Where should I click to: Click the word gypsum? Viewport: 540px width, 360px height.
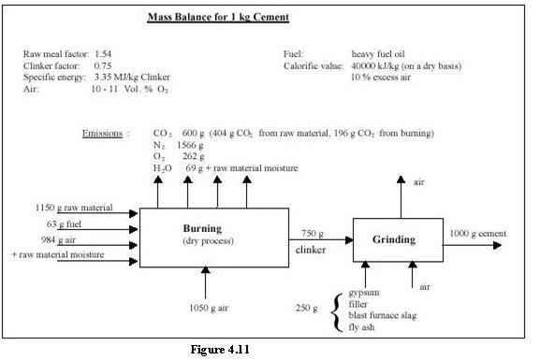point(366,293)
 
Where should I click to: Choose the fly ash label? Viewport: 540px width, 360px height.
point(364,326)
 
